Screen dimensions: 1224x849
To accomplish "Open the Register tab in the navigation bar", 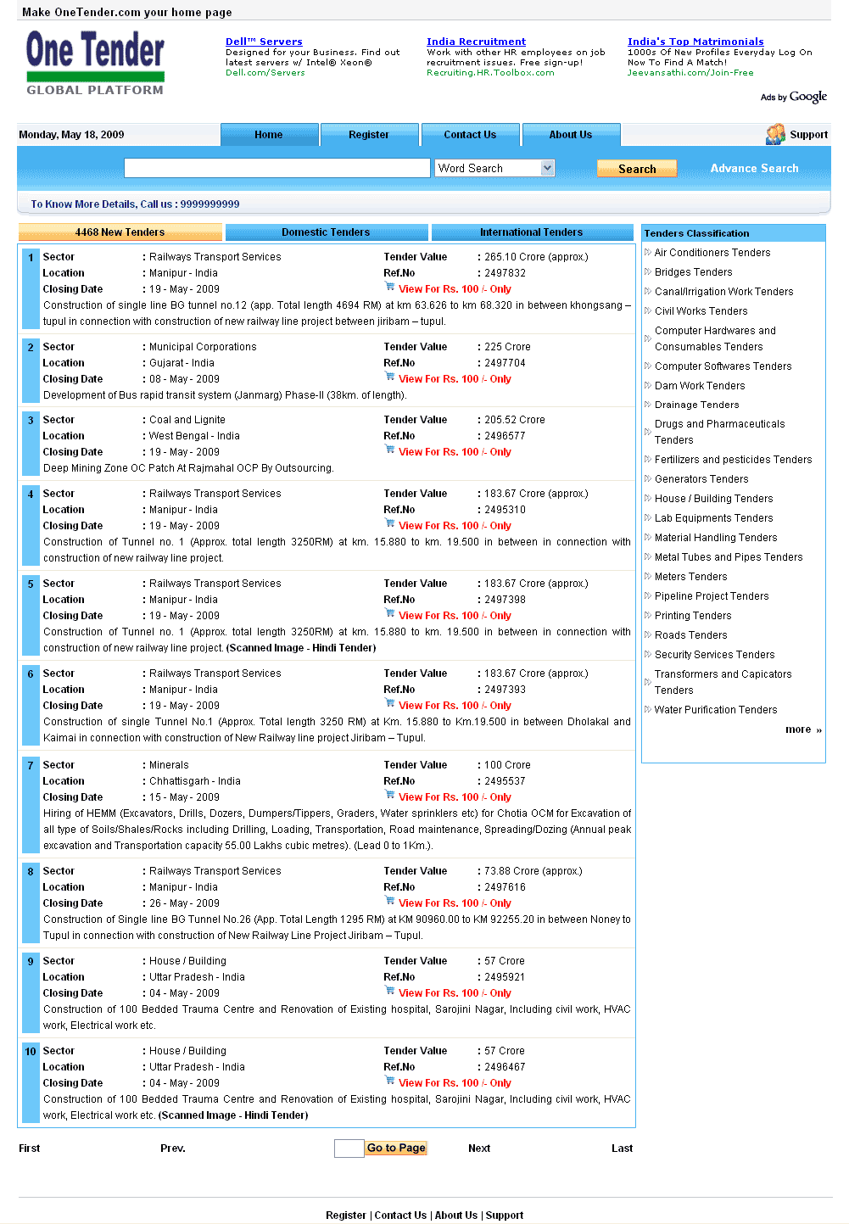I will coord(369,135).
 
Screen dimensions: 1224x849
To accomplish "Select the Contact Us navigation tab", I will coord(470,135).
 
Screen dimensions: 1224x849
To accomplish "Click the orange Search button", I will coord(637,169).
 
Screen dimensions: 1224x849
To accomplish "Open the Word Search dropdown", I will coord(547,168).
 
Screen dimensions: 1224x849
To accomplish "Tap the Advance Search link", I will coord(754,169).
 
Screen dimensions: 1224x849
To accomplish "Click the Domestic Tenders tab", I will coord(326,232).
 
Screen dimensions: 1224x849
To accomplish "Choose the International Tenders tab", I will coord(532,232).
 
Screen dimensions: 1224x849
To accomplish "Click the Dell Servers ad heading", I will coord(264,42).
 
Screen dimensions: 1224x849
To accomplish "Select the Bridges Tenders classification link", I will coord(693,272).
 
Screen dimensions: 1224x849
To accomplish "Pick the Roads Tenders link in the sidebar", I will coord(690,635).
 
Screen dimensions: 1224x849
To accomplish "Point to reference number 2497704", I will coord(505,363).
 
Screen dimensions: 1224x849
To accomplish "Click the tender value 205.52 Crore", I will coord(514,420).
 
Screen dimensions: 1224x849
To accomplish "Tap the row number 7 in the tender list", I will coord(31,766).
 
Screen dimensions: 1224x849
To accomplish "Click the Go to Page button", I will coord(396,1148).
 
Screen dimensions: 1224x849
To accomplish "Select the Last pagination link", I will coord(622,1149).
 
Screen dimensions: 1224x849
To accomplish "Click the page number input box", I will coord(349,1149).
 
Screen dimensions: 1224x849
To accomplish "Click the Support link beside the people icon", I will coord(808,135).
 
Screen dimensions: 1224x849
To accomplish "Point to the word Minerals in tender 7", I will coord(169,765).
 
